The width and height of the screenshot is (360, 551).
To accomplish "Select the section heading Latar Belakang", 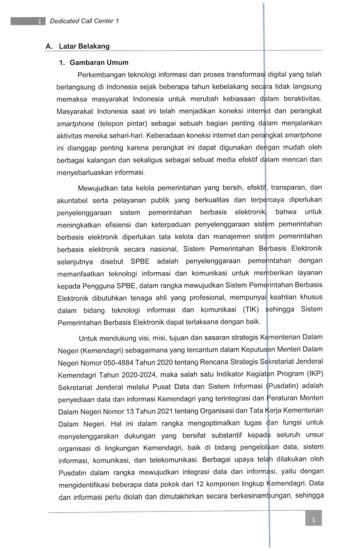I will click(84, 46).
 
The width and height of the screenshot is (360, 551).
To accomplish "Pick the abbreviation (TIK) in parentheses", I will click(243, 310).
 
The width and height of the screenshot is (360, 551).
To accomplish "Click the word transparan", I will click(288, 188).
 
